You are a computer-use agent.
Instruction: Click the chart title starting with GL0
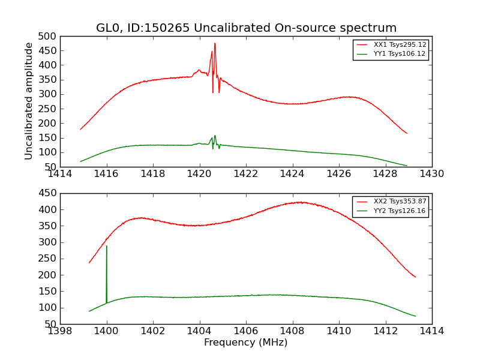pos(246,28)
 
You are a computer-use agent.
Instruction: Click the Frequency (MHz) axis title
pos(246,343)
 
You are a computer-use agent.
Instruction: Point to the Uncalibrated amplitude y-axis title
pos(29,101)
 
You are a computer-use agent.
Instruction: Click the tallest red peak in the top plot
pos(215,43)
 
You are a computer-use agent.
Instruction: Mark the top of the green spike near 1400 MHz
pos(107,245)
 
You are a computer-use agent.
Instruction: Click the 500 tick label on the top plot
pos(49,36)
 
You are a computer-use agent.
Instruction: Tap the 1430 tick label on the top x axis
pos(432,174)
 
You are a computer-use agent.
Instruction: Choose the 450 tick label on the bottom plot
pos(49,193)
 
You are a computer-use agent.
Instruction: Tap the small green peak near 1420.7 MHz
pos(215,136)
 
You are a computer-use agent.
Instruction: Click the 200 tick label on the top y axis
pos(49,123)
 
